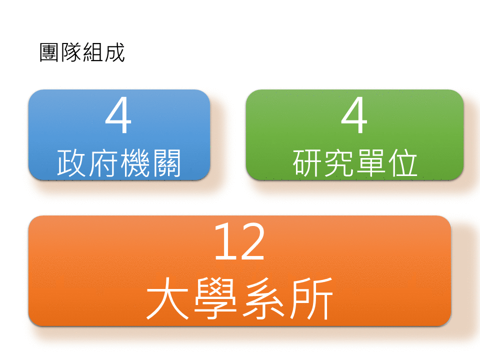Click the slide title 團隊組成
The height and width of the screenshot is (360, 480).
pos(82,52)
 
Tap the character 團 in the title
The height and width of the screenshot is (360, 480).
pos(49,52)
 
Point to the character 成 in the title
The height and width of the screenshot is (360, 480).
pos(115,52)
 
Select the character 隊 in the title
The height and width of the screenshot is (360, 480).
pos(71,52)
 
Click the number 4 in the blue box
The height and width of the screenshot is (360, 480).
pos(118,115)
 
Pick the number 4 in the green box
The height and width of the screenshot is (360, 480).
pos(354,115)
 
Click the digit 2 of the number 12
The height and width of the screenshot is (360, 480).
pos(251,241)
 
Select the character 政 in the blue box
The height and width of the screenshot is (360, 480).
pos(71,163)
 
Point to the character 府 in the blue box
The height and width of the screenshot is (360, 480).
pos(103,163)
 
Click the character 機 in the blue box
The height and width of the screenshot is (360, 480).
pos(135,163)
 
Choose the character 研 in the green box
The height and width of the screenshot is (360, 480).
pos(307,163)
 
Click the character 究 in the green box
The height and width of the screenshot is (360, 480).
pos(339,163)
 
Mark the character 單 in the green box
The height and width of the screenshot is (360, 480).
pos(370,163)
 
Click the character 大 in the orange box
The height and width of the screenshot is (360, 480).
pos(167,298)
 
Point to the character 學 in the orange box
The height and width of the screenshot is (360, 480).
pos(215,298)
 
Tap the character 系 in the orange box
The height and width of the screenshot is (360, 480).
pos(263,298)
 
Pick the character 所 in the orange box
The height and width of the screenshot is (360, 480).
pos(311,298)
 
